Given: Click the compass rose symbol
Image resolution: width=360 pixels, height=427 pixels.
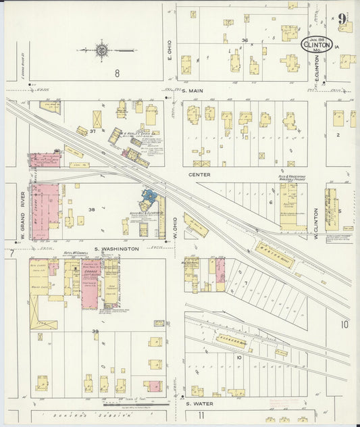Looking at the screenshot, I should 102,49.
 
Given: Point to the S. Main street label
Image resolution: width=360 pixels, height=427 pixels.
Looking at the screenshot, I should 193,89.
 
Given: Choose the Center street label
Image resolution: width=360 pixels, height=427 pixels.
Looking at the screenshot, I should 200,174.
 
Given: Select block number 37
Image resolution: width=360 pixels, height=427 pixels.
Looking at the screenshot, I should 93,131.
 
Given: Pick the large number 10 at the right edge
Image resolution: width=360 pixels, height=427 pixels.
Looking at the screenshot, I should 344,325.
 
